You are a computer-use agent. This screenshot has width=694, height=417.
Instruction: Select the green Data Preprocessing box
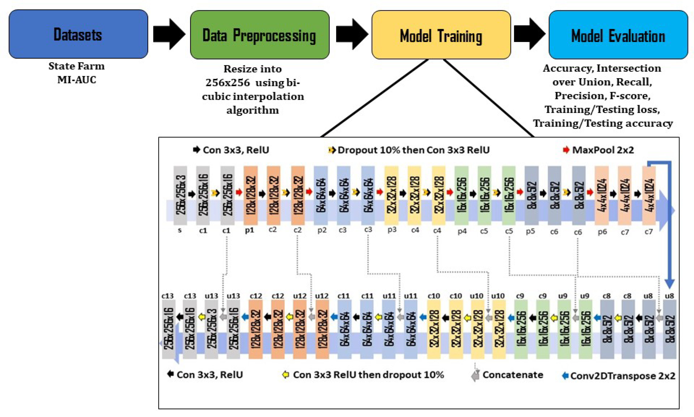(x=259, y=35)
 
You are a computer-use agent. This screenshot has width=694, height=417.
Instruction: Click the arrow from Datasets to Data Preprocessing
(x=169, y=34)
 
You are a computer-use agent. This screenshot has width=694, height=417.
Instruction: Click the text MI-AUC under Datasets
(x=77, y=80)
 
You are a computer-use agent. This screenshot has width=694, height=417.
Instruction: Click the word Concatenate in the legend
(x=513, y=375)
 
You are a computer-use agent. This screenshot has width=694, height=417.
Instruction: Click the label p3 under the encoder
(x=392, y=230)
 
